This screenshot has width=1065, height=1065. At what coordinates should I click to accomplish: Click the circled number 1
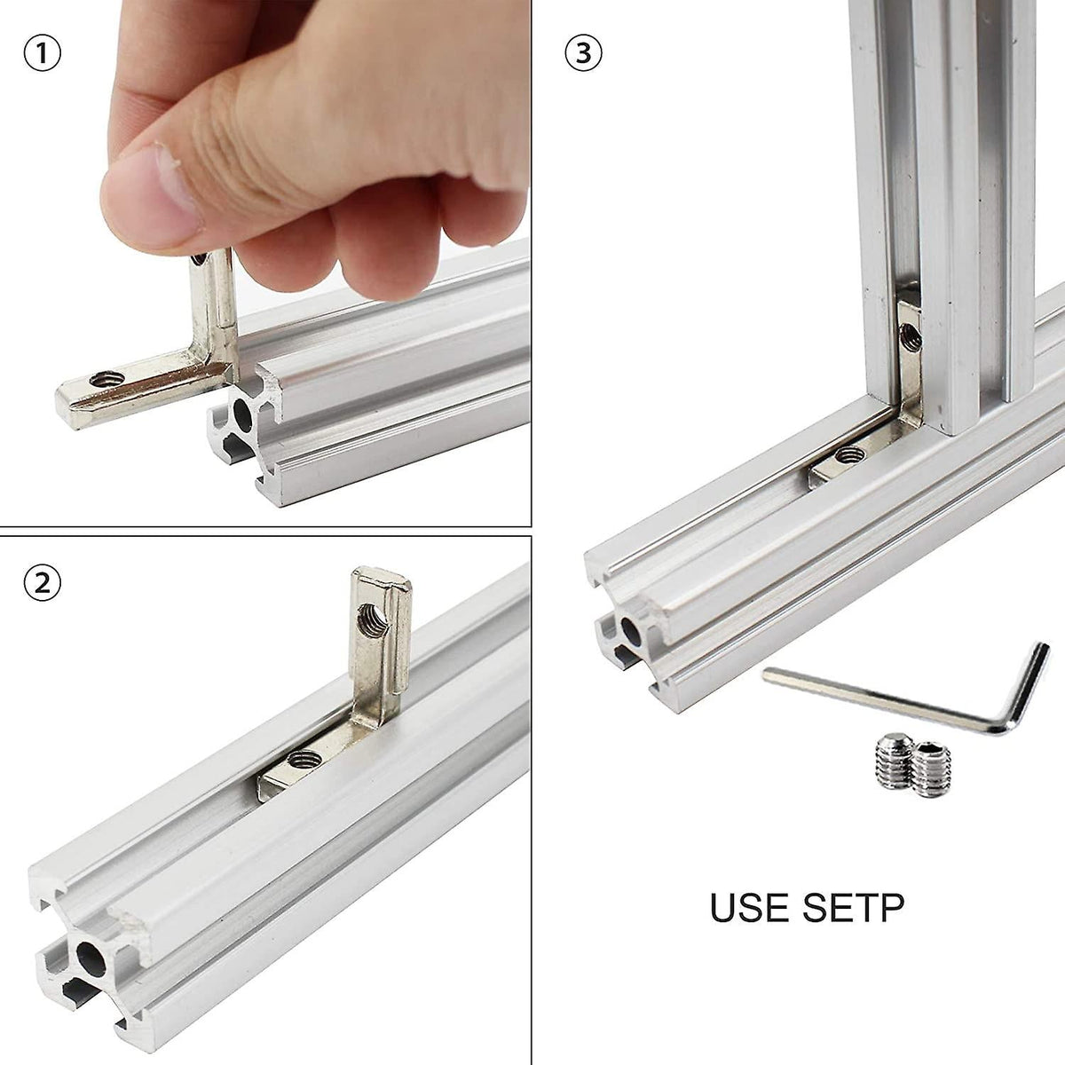click(42, 53)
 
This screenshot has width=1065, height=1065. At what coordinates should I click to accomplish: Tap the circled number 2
click(42, 583)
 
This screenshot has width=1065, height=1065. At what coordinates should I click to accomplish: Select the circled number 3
click(583, 53)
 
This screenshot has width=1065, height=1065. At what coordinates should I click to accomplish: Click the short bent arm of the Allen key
click(1029, 683)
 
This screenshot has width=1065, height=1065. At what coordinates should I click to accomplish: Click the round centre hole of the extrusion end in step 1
click(241, 414)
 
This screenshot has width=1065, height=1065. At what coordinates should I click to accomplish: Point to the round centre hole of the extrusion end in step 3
click(631, 631)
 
